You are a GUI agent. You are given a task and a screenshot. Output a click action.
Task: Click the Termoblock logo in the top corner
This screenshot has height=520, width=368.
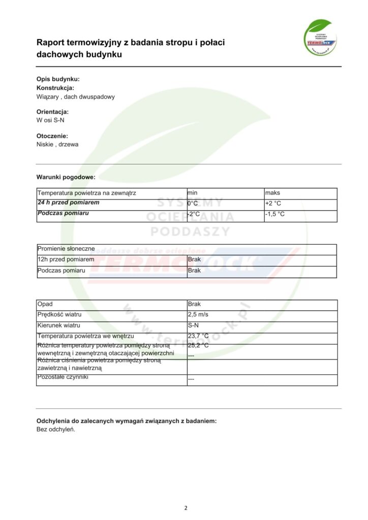320,37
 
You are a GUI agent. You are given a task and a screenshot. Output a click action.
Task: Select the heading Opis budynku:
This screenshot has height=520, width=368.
58,79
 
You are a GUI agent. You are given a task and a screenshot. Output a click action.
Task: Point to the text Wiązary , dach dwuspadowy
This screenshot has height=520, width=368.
75,96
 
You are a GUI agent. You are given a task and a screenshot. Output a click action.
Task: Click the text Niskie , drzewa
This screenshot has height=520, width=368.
57,144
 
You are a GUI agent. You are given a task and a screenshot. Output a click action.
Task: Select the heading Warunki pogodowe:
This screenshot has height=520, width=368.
66,177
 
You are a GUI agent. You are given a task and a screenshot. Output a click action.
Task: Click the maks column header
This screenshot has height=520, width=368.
272,193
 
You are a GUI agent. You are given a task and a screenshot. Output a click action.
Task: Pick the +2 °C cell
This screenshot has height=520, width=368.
273,204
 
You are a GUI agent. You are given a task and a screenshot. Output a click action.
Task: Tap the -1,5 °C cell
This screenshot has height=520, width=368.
274,214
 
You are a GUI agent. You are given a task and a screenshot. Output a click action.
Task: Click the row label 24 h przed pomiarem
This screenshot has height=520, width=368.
68,203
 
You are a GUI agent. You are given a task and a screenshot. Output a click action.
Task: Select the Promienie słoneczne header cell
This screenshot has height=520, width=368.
66,249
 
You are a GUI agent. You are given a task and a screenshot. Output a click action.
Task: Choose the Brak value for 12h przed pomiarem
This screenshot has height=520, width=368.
194,259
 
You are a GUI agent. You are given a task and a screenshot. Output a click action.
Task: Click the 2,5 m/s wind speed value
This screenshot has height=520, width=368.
198,315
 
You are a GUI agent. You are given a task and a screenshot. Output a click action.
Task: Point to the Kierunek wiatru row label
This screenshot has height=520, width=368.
59,325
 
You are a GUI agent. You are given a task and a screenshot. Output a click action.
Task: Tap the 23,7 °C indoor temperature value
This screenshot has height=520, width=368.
198,336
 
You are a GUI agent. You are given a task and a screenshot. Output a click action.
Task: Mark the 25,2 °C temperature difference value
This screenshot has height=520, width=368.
198,345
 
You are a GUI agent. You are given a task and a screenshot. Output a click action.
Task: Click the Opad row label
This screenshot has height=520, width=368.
45,304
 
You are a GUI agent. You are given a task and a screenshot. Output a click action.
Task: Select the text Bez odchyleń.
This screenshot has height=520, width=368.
56,429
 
